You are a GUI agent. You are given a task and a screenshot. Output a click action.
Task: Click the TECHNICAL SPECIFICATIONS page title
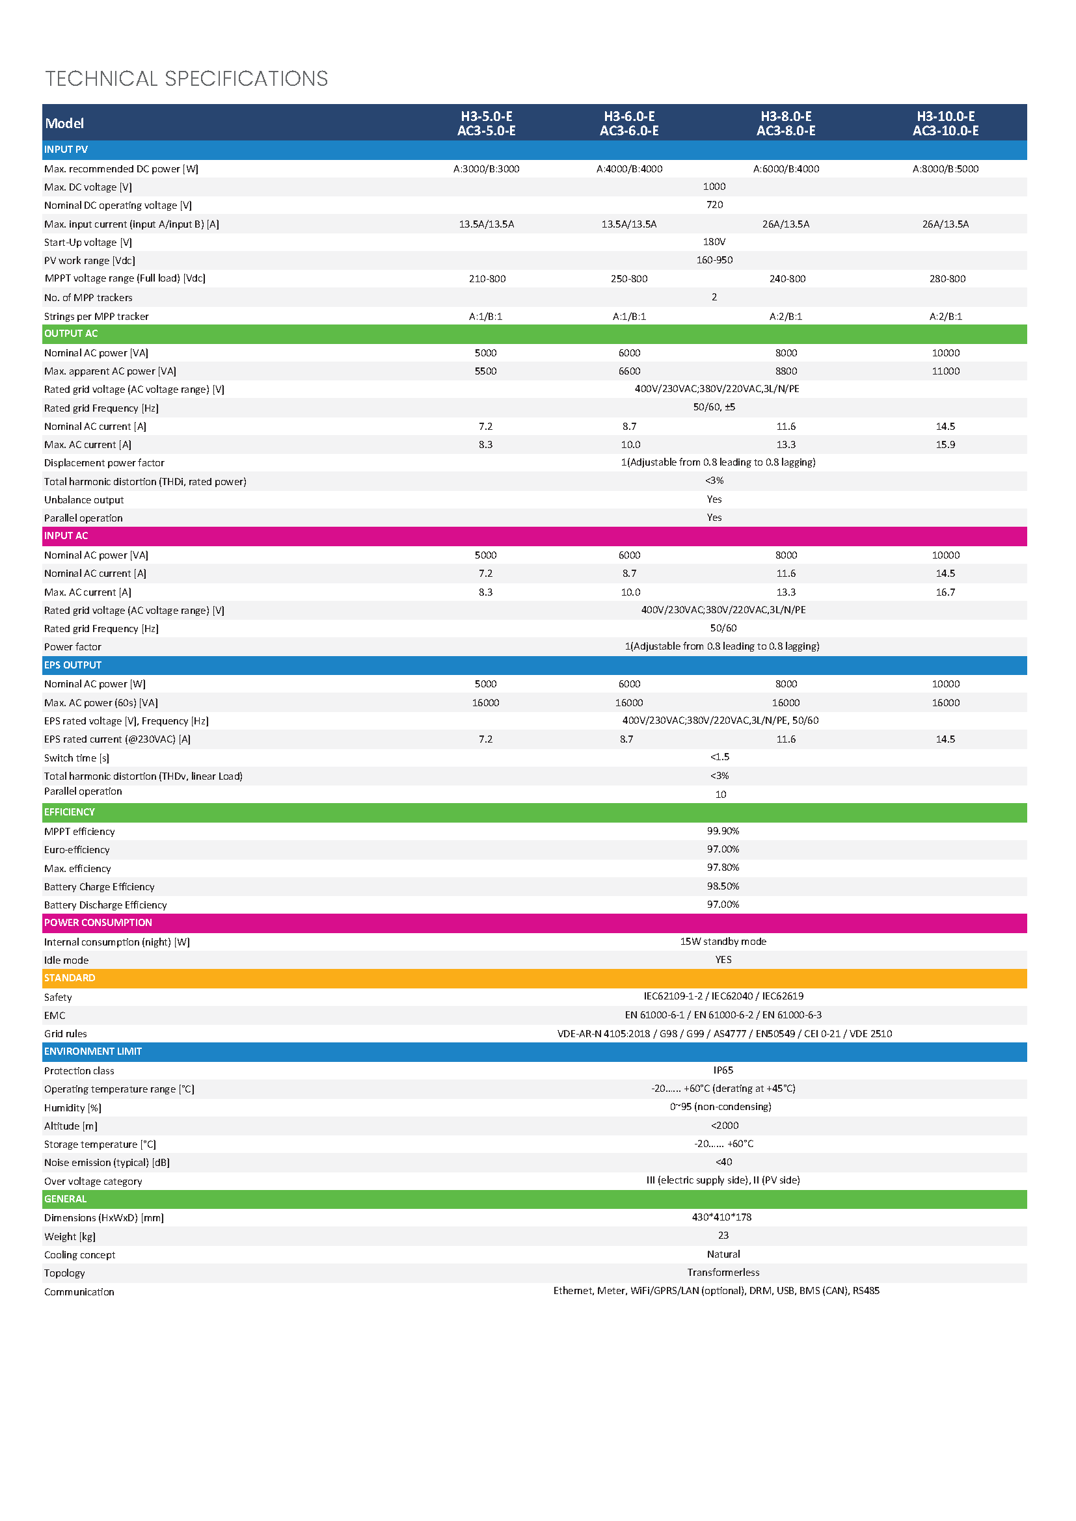pyautogui.click(x=186, y=79)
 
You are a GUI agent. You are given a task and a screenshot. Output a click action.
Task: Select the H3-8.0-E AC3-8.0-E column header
pyautogui.click(x=786, y=123)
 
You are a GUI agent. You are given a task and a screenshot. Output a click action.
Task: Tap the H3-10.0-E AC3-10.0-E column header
pyautogui.click(x=945, y=123)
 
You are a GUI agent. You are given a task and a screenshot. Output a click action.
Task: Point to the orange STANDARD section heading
pyautogui.click(x=70, y=978)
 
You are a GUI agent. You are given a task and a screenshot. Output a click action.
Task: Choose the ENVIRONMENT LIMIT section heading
pyautogui.click(x=93, y=1051)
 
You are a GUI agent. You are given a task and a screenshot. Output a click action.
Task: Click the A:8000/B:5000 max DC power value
pyautogui.click(x=945, y=169)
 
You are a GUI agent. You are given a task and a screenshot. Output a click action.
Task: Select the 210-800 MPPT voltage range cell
pyautogui.click(x=487, y=279)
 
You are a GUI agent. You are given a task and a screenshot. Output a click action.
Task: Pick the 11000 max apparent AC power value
pyautogui.click(x=945, y=371)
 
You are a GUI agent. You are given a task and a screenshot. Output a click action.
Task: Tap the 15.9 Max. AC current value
pyautogui.click(x=945, y=445)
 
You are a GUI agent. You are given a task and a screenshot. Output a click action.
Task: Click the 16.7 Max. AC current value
pyautogui.click(x=945, y=592)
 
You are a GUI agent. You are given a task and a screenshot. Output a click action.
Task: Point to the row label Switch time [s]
pyautogui.click(x=77, y=758)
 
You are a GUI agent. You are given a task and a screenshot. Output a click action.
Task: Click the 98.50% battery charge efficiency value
pyautogui.click(x=723, y=886)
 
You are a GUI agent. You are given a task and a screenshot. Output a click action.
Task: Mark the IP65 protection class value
pyautogui.click(x=723, y=1070)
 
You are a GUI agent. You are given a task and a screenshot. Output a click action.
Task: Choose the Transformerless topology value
pyautogui.click(x=723, y=1273)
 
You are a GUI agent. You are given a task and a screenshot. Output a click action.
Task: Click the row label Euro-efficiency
pyautogui.click(x=77, y=850)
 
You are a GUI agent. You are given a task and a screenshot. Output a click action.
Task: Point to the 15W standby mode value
pyautogui.click(x=723, y=942)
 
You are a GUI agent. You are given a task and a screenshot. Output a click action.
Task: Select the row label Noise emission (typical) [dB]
pyautogui.click(x=107, y=1163)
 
